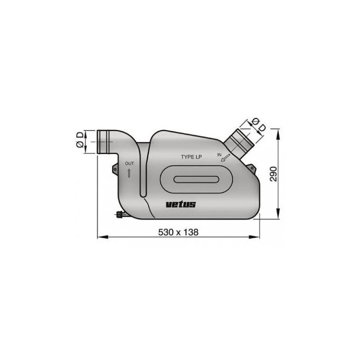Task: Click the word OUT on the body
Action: click(x=129, y=163)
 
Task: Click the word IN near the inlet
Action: click(x=220, y=154)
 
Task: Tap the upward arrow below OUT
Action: click(x=129, y=172)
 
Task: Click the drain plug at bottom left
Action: click(x=121, y=215)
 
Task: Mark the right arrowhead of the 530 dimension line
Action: click(x=258, y=237)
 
